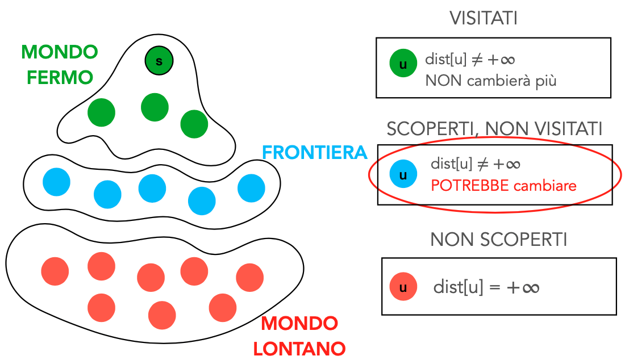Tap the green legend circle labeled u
click(403, 64)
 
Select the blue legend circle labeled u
click(403, 174)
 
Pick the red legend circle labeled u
click(403, 287)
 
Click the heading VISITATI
click(484, 18)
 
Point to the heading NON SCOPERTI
click(498, 240)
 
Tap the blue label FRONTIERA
click(314, 153)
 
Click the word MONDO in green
click(60, 53)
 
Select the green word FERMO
click(60, 77)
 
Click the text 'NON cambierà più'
click(490, 81)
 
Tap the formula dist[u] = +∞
click(486, 287)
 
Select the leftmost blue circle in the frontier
click(56, 182)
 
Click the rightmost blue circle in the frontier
click(251, 189)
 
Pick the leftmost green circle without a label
click(101, 112)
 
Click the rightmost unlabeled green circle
click(194, 124)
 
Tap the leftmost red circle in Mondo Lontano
click(55, 271)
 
